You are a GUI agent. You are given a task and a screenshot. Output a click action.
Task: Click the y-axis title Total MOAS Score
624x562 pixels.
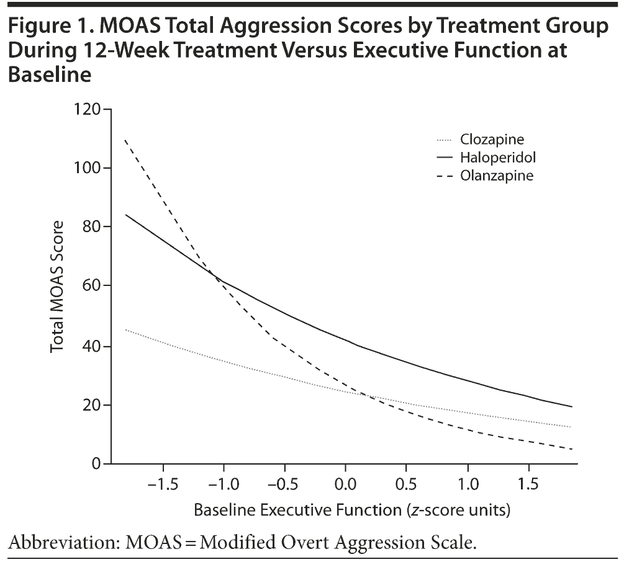pyautogui.click(x=58, y=287)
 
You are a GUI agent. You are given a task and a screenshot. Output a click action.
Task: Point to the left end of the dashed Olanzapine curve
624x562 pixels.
pyautogui.click(x=125, y=140)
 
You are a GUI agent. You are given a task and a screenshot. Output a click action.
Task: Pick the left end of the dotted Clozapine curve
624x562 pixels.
pyautogui.click(x=125, y=330)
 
